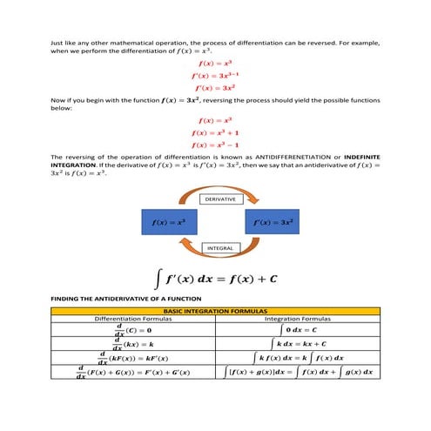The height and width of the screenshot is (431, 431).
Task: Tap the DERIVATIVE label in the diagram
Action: tap(221, 199)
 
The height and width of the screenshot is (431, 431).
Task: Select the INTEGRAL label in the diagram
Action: tap(221, 248)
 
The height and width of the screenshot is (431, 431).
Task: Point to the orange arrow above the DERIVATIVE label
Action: tap(221, 187)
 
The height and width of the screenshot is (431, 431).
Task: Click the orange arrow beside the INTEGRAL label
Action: tap(221, 259)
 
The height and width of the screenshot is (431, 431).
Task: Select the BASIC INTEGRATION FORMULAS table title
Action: tap(215, 310)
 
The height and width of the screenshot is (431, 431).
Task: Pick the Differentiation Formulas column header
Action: tap(133, 319)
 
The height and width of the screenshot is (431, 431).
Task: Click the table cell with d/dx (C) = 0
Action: tap(133, 331)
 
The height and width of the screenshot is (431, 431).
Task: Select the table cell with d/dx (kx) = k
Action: tap(133, 345)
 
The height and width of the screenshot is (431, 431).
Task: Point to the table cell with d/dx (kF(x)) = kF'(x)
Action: tap(133, 359)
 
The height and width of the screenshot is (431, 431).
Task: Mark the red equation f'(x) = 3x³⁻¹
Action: tap(214, 76)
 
